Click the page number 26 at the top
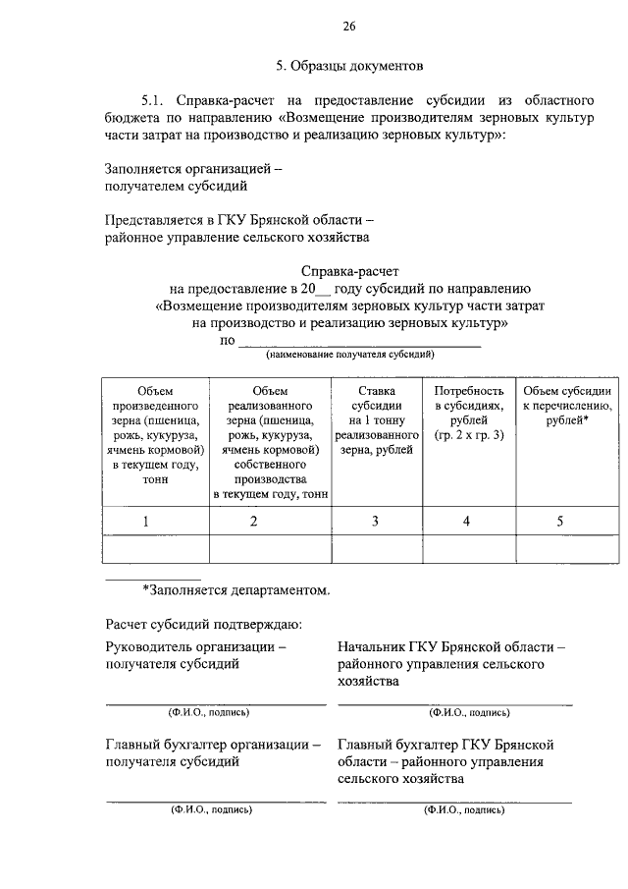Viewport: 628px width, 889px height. [349, 26]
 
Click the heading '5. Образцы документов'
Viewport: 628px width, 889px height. [349, 67]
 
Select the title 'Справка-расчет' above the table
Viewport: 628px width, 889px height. [349, 270]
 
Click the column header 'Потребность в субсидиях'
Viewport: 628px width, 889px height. [468, 413]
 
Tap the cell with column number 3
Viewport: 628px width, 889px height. [375, 521]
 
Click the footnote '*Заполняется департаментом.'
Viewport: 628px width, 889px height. [235, 590]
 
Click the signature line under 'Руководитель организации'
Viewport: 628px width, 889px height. [215, 703]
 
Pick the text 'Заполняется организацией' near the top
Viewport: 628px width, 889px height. [192, 168]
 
